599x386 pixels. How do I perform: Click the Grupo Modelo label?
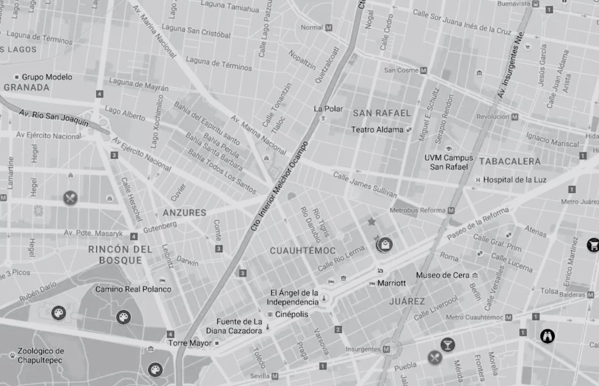[x=47, y=77]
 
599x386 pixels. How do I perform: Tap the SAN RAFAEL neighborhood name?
[x=382, y=113]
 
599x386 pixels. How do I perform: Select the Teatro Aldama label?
[x=377, y=130]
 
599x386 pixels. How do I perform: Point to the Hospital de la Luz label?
[x=514, y=180]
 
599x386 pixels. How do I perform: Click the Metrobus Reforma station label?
[x=418, y=210]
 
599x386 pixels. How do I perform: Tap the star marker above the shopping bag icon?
[x=371, y=222]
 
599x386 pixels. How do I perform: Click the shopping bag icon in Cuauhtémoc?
[x=385, y=245]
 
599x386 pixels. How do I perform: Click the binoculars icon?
[x=547, y=336]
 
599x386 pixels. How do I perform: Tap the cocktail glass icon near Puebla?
[x=447, y=345]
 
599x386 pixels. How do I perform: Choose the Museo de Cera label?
[x=442, y=276]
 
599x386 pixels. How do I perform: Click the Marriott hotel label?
[x=391, y=283]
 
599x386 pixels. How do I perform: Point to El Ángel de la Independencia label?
[x=294, y=297]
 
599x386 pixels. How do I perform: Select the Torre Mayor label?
[x=190, y=343]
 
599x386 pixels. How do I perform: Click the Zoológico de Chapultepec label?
[x=41, y=356]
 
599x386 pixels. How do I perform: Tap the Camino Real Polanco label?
[x=133, y=289]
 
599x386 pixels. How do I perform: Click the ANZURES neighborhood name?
[x=185, y=213]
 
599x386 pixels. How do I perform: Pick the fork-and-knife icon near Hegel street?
[x=70, y=198]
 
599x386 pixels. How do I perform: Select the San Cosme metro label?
[x=401, y=70]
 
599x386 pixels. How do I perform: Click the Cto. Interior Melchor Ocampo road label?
[x=279, y=186]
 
